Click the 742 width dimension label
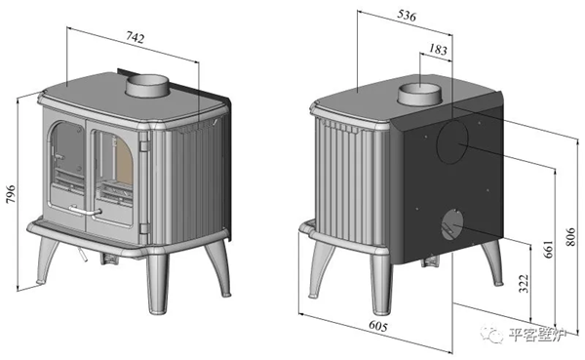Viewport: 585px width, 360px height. click(136, 37)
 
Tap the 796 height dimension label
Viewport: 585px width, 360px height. click(11, 194)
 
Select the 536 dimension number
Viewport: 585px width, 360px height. click(407, 16)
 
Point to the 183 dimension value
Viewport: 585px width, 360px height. click(438, 49)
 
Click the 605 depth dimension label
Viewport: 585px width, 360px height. click(378, 326)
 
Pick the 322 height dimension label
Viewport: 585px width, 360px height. click(525, 284)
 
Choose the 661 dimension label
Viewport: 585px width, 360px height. click(548, 249)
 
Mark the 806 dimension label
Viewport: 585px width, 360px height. click(570, 237)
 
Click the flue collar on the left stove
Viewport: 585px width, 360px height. click(147, 86)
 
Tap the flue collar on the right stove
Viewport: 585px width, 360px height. click(419, 94)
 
